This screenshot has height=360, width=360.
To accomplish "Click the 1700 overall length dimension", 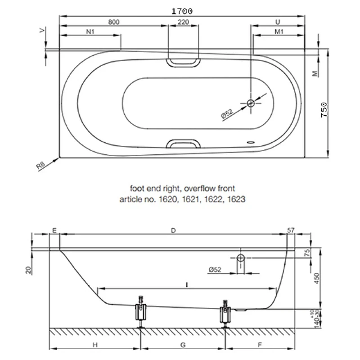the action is pyautogui.click(x=182, y=11).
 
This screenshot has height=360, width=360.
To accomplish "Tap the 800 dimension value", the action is pyautogui.click(x=114, y=22).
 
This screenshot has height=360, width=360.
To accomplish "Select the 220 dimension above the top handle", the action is pyautogui.click(x=184, y=22).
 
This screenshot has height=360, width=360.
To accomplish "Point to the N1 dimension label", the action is pyautogui.click(x=90, y=31).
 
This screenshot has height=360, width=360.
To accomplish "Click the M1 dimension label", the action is pyautogui.click(x=279, y=31).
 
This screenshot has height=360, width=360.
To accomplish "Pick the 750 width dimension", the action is pyautogui.click(x=324, y=110).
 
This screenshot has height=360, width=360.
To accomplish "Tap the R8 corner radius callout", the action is pyautogui.click(x=41, y=165).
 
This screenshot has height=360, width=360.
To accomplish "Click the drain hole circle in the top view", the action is pyautogui.click(x=251, y=103).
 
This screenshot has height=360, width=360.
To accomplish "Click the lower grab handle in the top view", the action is pyautogui.click(x=184, y=144).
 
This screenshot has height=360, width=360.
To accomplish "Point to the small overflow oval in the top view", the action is pyautogui.click(x=251, y=142).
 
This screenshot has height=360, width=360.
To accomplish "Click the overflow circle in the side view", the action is pyautogui.click(x=241, y=258).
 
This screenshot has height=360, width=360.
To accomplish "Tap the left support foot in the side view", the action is pyautogui.click(x=140, y=312).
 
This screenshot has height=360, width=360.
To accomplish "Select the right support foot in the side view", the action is pyautogui.click(x=225, y=313).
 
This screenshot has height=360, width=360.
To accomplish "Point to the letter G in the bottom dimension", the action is pyautogui.click(x=183, y=345).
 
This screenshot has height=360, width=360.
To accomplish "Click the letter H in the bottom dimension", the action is pyautogui.click(x=95, y=345).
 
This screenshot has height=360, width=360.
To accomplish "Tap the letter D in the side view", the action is pyautogui.click(x=173, y=230).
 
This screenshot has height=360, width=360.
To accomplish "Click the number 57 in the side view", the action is pyautogui.click(x=291, y=230).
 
